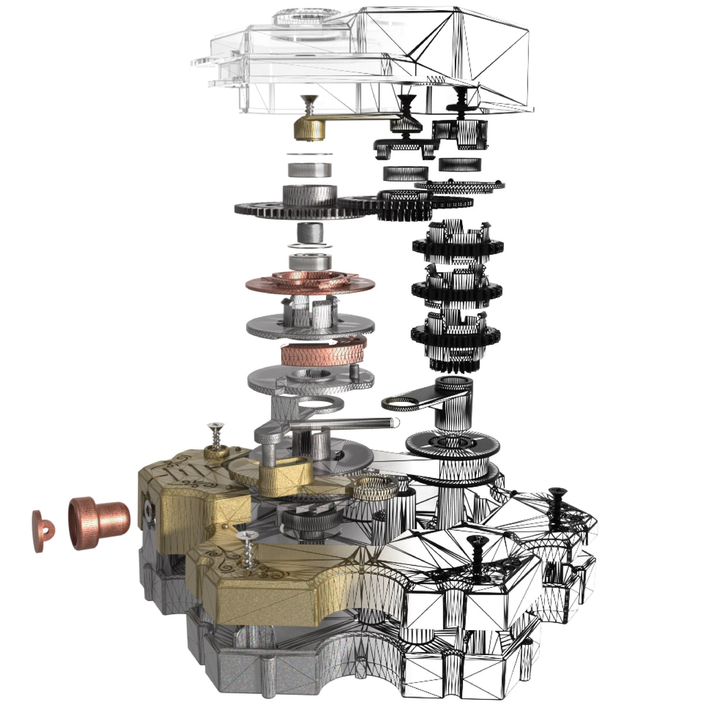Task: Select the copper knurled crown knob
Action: pyautogui.click(x=98, y=522)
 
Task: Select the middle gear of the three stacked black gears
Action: pyautogui.click(x=456, y=287)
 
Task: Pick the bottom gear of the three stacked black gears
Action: pyautogui.click(x=456, y=333)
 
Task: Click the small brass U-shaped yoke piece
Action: pyautogui.click(x=281, y=471)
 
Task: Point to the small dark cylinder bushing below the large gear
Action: pyautogui.click(x=310, y=234)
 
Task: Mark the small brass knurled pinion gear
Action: pyautogui.click(x=374, y=486)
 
